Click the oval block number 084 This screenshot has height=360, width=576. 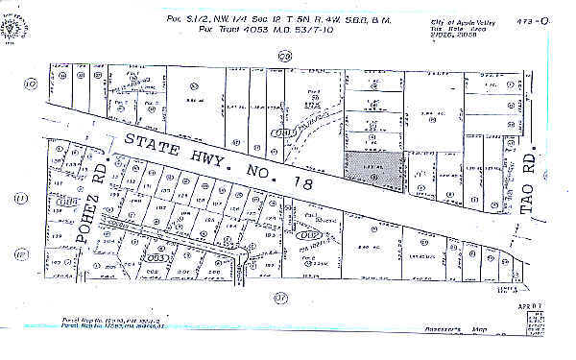coord(68,202)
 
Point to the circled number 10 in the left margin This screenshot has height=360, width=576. coord(30,84)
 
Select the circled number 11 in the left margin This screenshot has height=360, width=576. coord(21,199)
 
